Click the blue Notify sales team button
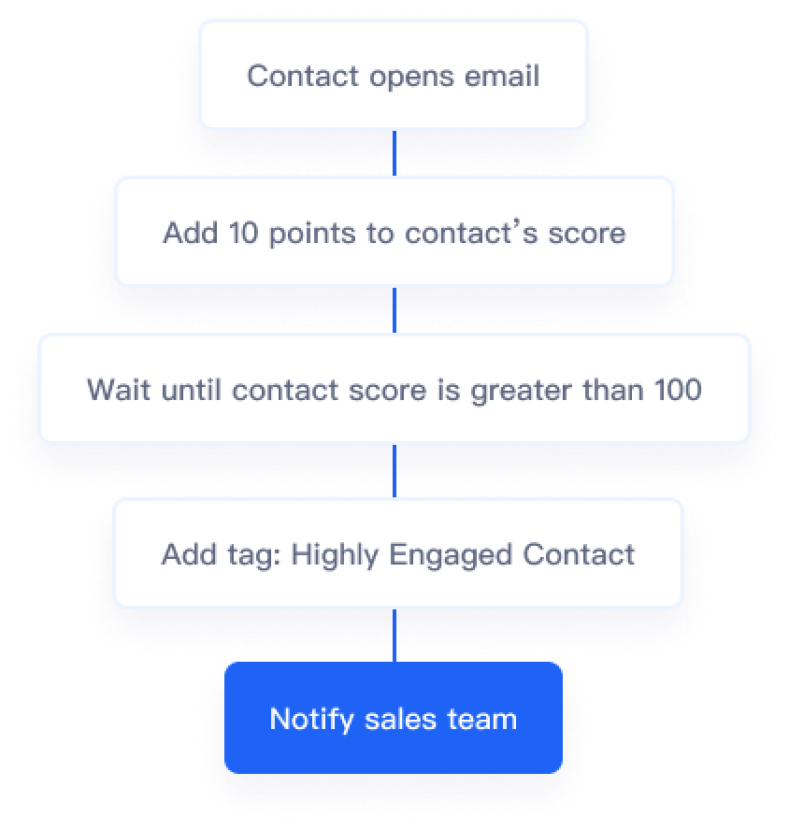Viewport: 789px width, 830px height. pos(394,719)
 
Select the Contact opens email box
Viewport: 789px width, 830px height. pos(394,75)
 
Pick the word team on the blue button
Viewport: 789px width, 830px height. pos(481,719)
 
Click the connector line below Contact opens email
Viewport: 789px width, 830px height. pos(394,151)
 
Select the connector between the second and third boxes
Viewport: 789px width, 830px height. pos(394,309)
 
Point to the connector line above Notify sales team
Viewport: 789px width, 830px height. pos(394,636)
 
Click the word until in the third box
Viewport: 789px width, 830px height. pos(189,389)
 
